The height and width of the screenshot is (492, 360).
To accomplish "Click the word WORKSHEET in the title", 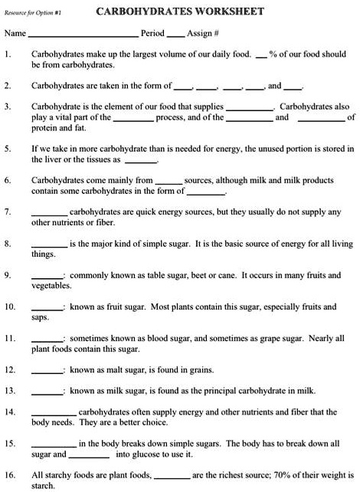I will [231, 11].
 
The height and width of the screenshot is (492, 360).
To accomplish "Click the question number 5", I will [7, 148].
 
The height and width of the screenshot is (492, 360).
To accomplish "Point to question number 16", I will [9, 475].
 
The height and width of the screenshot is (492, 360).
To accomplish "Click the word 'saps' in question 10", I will [39, 317].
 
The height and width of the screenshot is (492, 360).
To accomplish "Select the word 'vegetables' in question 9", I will [51, 285].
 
